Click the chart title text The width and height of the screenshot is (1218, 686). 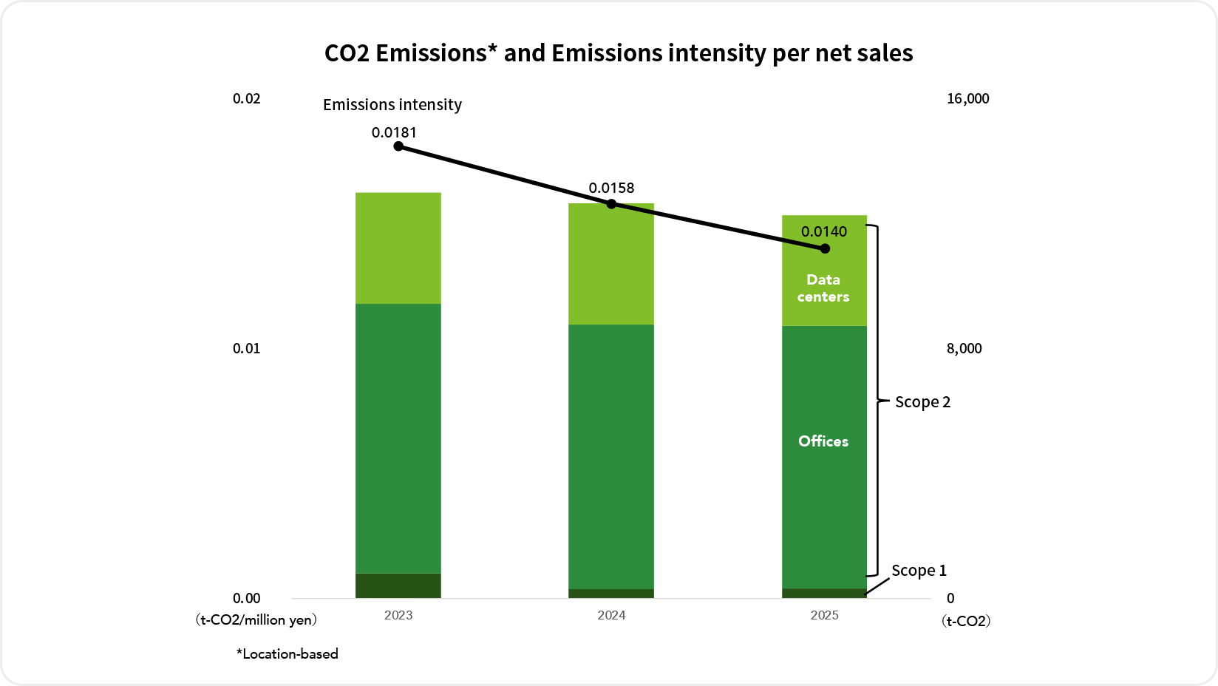(x=619, y=53)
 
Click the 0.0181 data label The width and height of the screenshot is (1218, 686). (x=394, y=133)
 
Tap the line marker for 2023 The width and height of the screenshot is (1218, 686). (x=398, y=146)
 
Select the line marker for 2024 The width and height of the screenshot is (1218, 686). (x=611, y=204)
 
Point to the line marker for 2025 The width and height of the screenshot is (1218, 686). (x=825, y=249)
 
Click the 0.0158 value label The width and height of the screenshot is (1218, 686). (x=611, y=189)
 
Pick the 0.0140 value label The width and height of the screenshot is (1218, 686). (x=824, y=232)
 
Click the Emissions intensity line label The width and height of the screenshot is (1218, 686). (x=392, y=105)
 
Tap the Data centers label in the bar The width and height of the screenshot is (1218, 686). (x=823, y=288)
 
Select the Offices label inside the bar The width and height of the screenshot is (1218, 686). (x=823, y=441)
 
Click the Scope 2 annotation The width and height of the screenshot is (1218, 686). (x=922, y=402)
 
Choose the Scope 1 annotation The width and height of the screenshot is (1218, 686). (x=919, y=571)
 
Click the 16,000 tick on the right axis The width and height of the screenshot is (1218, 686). (x=967, y=99)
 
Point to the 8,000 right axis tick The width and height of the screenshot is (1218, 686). (x=964, y=349)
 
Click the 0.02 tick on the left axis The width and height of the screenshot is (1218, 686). (x=246, y=99)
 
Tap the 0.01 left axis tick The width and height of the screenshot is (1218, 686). (x=246, y=349)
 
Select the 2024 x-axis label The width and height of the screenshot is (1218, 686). (x=611, y=616)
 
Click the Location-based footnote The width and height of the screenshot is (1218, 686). (x=288, y=654)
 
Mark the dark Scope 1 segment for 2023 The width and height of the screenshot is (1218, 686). (x=398, y=585)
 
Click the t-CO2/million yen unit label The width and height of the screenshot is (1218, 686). (x=256, y=620)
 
